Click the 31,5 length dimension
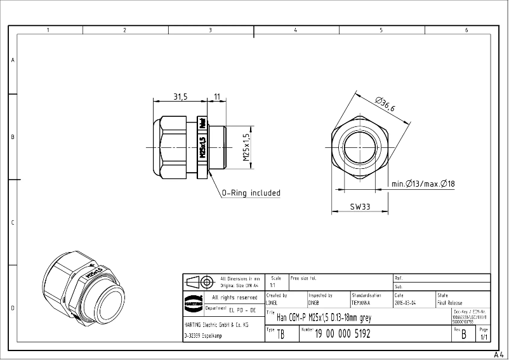(x=180, y=97)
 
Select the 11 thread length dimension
(x=217, y=97)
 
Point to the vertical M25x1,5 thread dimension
(x=246, y=147)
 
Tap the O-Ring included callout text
(x=251, y=193)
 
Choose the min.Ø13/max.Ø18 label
(x=423, y=183)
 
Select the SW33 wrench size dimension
(x=360, y=207)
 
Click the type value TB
(x=281, y=335)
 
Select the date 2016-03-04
(x=406, y=303)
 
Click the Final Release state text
(x=450, y=303)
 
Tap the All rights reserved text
(x=234, y=297)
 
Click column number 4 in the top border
(x=296, y=30)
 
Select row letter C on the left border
(x=13, y=223)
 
